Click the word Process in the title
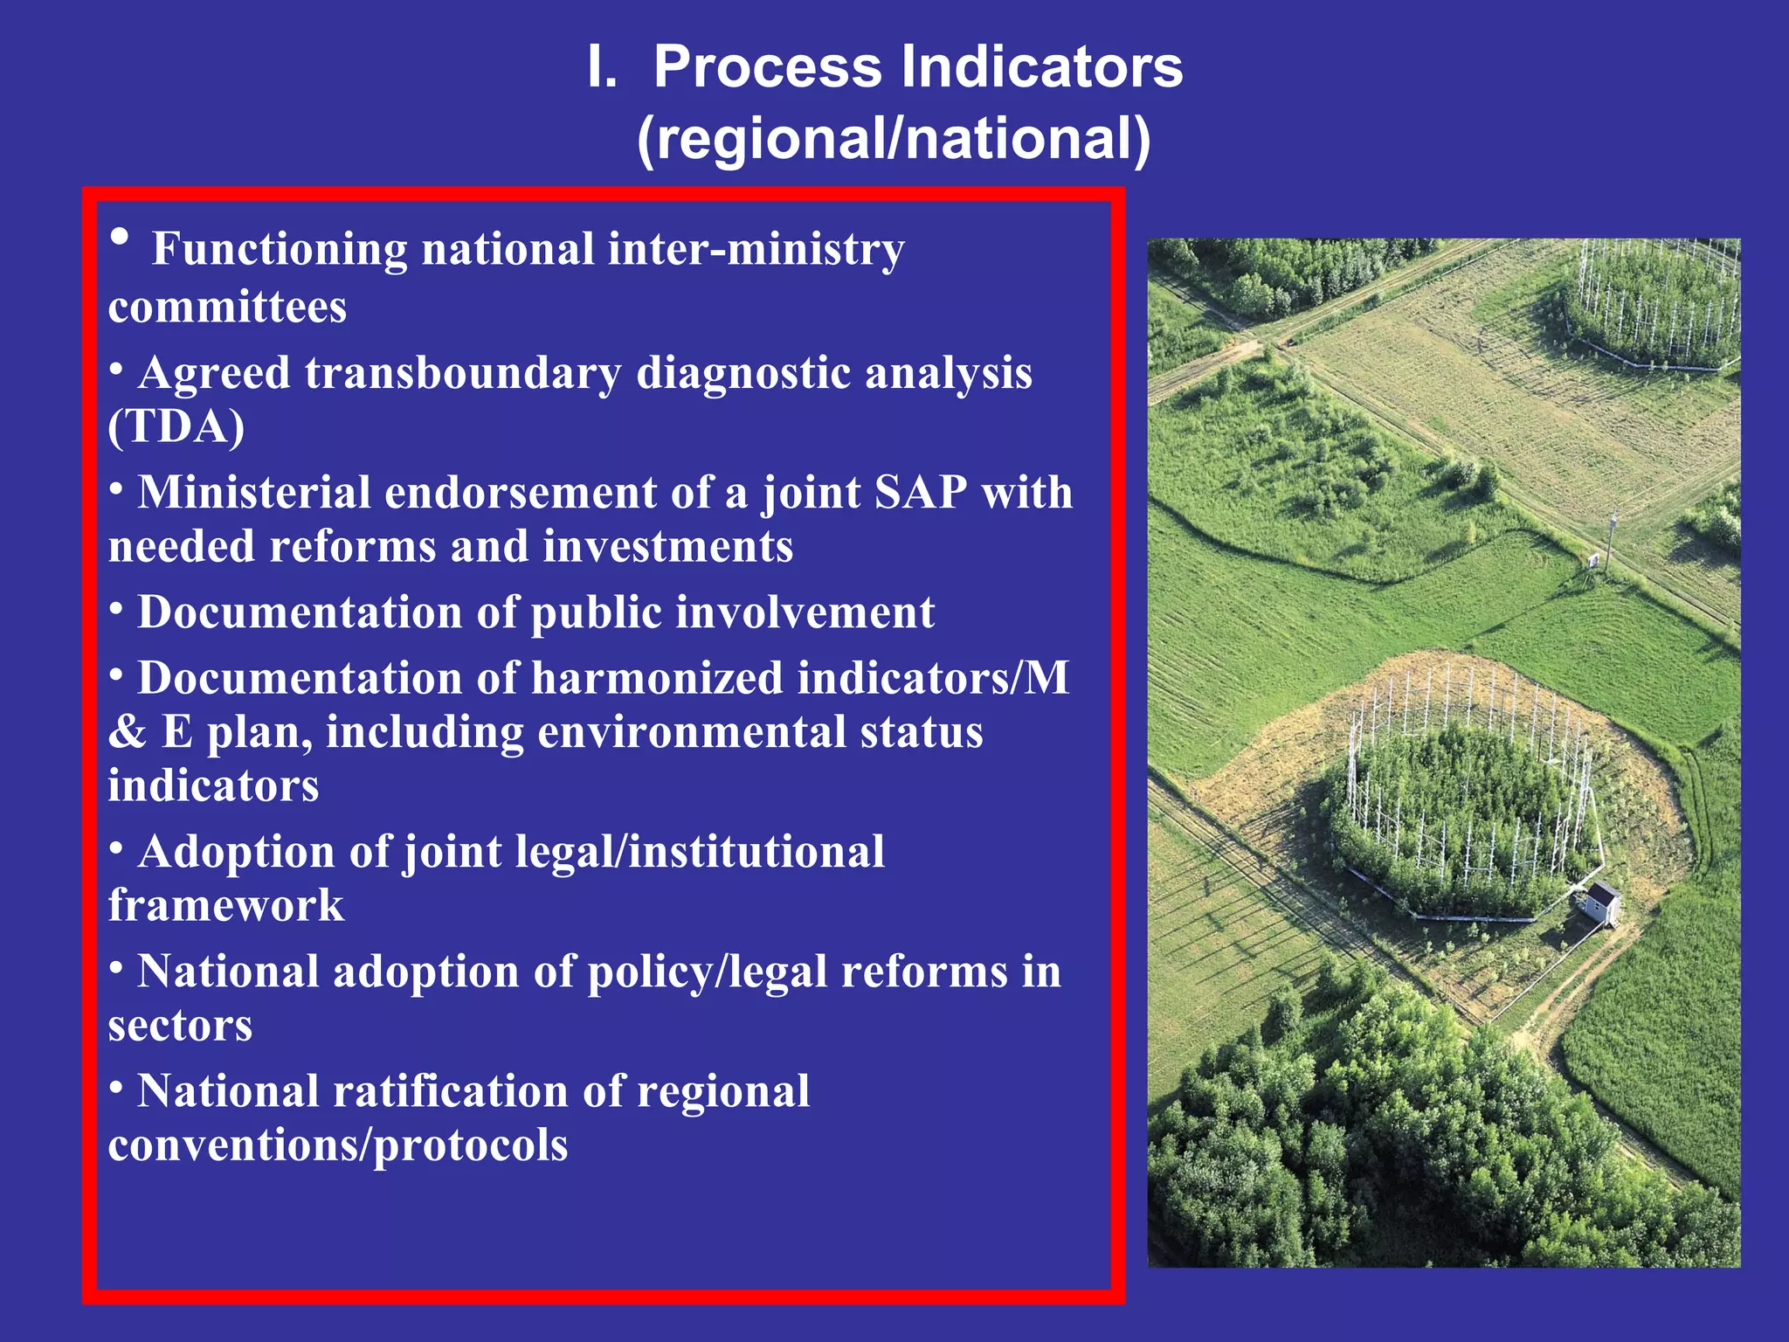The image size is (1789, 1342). pyautogui.click(x=768, y=67)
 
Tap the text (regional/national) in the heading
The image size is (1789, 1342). pyautogui.click(x=894, y=139)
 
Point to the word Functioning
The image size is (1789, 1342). pyautogui.click(x=280, y=250)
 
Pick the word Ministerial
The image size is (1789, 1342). pyautogui.click(x=254, y=493)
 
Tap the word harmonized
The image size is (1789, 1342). pyautogui.click(x=657, y=679)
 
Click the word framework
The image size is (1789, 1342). pyautogui.click(x=226, y=906)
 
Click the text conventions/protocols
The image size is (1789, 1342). pyautogui.click(x=338, y=1145)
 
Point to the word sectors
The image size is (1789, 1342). pyautogui.click(x=180, y=1026)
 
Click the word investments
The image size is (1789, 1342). pyautogui.click(x=667, y=547)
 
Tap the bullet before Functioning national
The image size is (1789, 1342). pyautogui.click(x=121, y=238)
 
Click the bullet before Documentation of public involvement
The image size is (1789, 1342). pyautogui.click(x=116, y=610)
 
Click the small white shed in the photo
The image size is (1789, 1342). pyautogui.click(x=1601, y=902)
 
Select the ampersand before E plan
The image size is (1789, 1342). pyautogui.click(x=128, y=732)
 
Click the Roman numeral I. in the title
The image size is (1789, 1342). pyautogui.click(x=602, y=67)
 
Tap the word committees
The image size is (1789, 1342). pyautogui.click(x=227, y=308)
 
